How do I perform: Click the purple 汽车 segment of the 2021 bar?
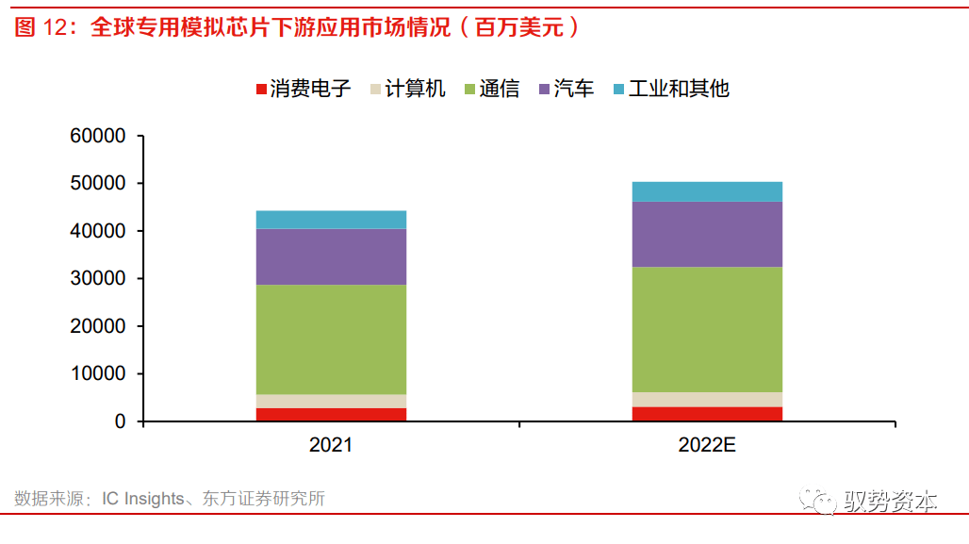click(330, 256)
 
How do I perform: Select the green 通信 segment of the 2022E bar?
click(707, 329)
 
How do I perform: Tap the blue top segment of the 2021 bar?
click(330, 220)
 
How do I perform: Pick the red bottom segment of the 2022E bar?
click(707, 414)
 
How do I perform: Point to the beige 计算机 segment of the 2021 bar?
click(330, 401)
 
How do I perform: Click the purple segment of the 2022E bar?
click(707, 234)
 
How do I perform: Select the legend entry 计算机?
click(407, 89)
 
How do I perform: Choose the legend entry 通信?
click(492, 89)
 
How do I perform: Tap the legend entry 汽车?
click(567, 89)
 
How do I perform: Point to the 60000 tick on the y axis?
click(98, 136)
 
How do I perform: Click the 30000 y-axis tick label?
click(98, 279)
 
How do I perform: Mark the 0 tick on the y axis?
click(120, 421)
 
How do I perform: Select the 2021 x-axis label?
click(330, 444)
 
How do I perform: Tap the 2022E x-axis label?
click(707, 444)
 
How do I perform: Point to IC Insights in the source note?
click(143, 499)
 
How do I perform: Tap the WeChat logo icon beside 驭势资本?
click(817, 503)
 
